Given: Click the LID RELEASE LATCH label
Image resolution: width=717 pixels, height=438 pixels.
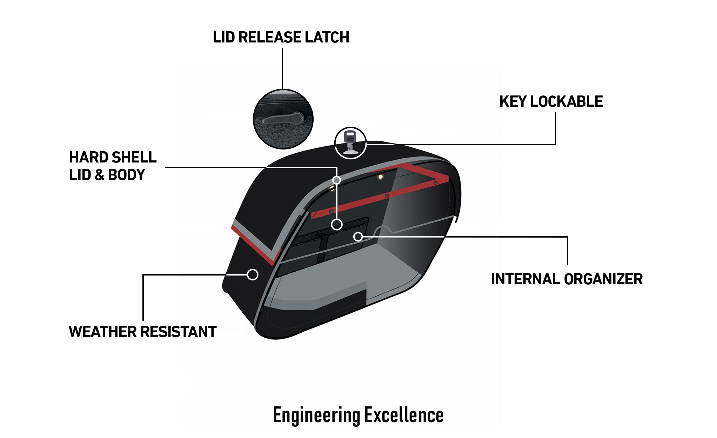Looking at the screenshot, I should coord(281,37).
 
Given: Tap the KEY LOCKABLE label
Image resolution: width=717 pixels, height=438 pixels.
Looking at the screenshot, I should coord(551,101).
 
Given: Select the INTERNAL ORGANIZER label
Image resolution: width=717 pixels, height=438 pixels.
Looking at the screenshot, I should coord(567,279).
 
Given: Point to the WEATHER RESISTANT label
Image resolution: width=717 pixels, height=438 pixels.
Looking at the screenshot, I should coord(142,331).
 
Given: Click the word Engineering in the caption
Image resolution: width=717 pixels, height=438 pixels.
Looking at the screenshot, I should coord(316,415).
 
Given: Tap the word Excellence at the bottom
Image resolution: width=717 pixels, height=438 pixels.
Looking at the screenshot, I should coord(404,415).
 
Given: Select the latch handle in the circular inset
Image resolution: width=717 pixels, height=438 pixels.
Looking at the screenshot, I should coord(282,119).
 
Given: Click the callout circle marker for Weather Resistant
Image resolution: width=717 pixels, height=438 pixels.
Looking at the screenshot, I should coord(253,274).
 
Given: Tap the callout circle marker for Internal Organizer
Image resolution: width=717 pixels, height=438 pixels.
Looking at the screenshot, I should coord(358,237).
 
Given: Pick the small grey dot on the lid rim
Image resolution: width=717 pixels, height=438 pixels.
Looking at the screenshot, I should coord(336,180).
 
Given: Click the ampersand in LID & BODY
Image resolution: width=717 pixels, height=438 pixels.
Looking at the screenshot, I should coord(99,175).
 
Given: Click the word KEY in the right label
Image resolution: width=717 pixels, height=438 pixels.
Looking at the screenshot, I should coord(512,101).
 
